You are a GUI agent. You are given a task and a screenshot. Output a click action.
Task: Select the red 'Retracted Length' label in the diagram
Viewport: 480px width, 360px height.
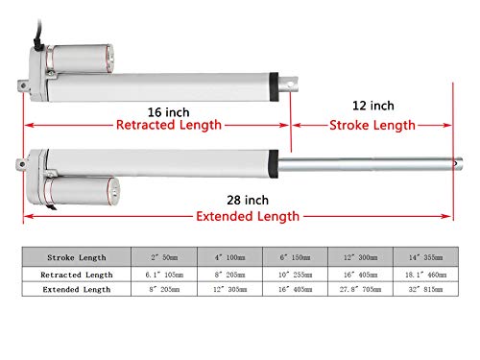[168, 125]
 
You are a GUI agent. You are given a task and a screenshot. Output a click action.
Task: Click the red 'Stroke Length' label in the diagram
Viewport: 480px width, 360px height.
[372, 125]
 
